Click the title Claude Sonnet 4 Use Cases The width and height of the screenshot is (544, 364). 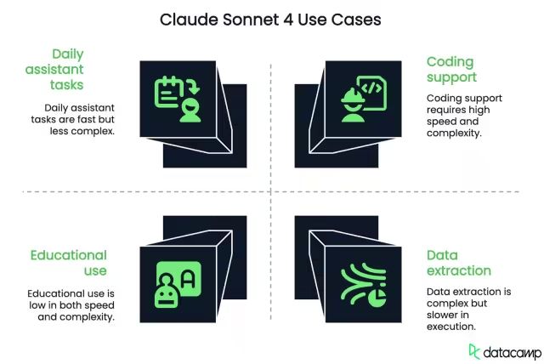[271, 19]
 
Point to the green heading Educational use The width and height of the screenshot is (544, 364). [69, 262]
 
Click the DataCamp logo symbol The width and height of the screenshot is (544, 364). [475, 350]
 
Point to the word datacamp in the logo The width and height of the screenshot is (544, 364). [508, 351]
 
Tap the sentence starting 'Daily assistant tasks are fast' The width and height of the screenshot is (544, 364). [79, 120]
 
